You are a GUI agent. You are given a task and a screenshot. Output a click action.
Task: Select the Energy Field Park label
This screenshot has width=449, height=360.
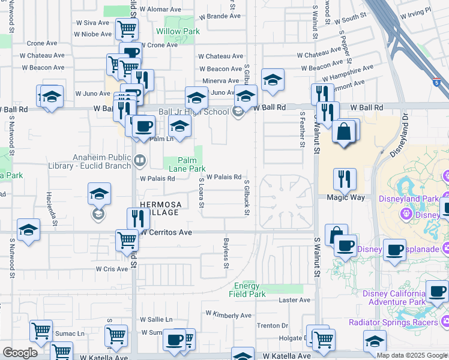coord(247,290)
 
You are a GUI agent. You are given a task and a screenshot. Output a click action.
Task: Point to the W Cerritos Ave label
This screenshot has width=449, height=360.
coord(166,232)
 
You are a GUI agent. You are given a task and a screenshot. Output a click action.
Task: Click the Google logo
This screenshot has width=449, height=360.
coord(20,353)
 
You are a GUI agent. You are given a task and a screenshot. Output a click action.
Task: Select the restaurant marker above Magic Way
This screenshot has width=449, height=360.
coord(345,178)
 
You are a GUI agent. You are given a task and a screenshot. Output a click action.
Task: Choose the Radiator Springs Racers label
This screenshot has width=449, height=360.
coord(393,322)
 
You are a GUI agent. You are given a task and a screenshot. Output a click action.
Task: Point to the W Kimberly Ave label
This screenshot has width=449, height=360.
coord(229,315)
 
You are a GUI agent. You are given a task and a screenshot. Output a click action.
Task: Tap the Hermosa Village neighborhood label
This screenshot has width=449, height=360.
coord(159,208)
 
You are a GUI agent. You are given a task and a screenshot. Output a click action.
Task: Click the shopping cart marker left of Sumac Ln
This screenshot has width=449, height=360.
coord(41,331)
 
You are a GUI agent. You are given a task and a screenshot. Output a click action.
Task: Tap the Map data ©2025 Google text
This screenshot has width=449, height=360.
coord(412,355)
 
